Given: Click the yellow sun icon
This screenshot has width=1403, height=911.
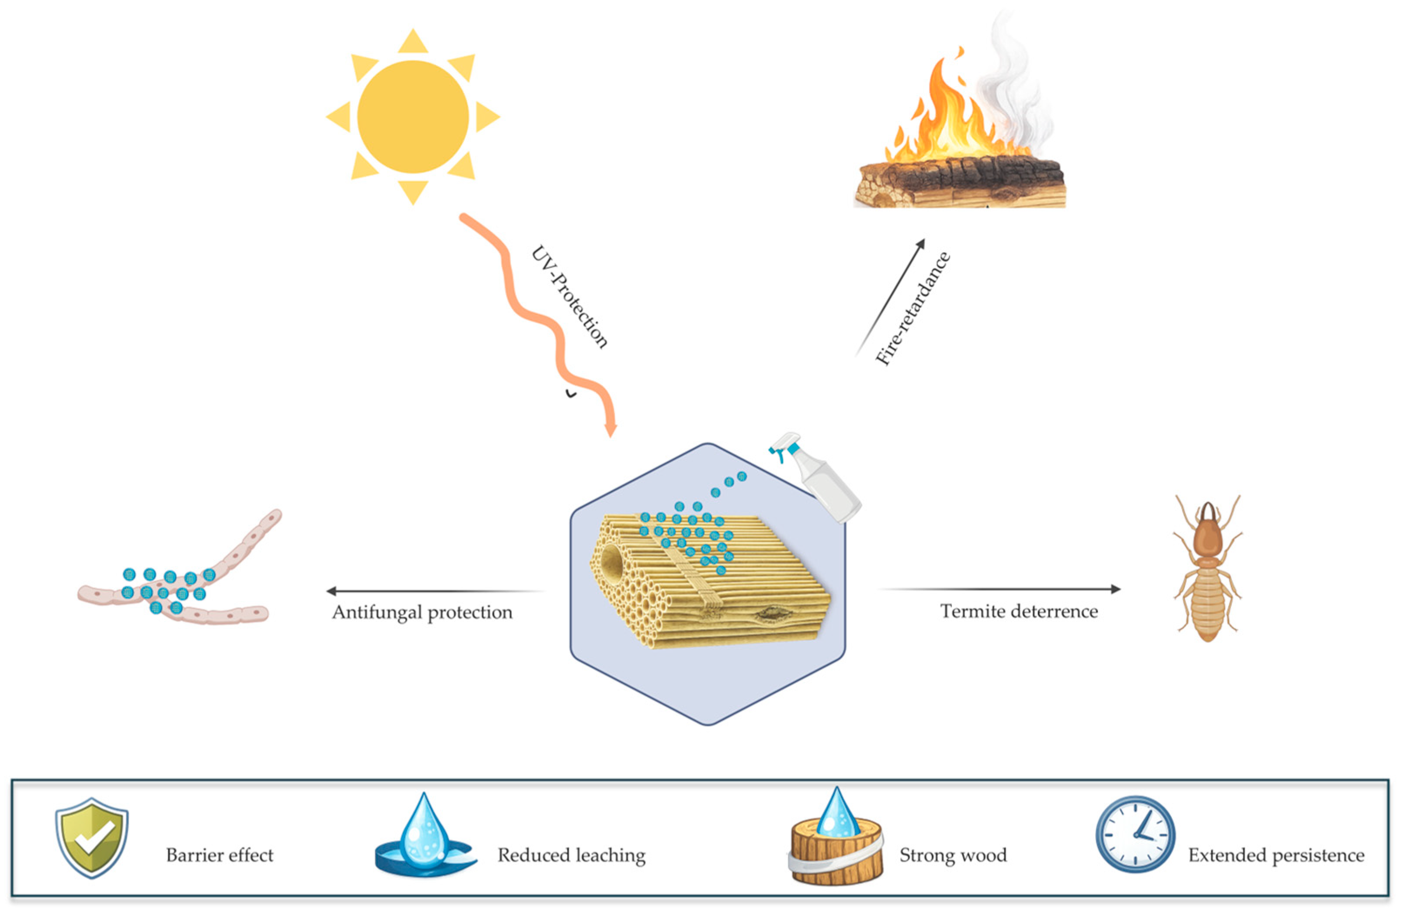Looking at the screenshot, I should (x=413, y=117).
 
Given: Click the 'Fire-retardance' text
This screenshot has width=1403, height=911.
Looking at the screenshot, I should (x=912, y=308).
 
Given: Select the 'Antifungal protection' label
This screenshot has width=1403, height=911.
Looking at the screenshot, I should (x=422, y=613).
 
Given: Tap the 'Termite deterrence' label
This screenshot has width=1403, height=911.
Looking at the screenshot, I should (x=1019, y=611).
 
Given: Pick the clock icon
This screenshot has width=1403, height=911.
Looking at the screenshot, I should (x=1135, y=834).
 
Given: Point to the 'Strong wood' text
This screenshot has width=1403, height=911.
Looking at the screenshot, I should (x=953, y=855).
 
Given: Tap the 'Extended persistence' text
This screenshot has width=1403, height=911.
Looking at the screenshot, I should (x=1276, y=855).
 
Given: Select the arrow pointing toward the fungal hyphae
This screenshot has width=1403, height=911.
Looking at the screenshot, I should (x=436, y=590).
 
